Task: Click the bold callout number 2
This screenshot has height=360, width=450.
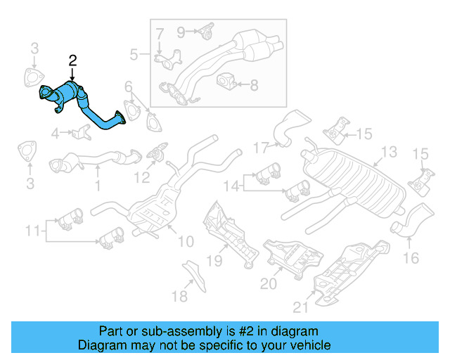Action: pos(73,62)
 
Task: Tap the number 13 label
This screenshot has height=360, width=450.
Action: pos(389,152)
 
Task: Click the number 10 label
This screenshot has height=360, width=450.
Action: pos(185,242)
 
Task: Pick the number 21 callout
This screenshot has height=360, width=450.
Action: pos(300,307)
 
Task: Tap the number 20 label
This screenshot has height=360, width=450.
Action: pos(269,283)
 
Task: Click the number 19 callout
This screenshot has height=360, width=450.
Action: pos(214,262)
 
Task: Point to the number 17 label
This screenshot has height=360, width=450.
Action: pos(261,148)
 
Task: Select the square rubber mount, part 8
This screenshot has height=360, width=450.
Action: pos(226,81)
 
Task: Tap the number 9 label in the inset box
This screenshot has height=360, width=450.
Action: pos(180,31)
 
